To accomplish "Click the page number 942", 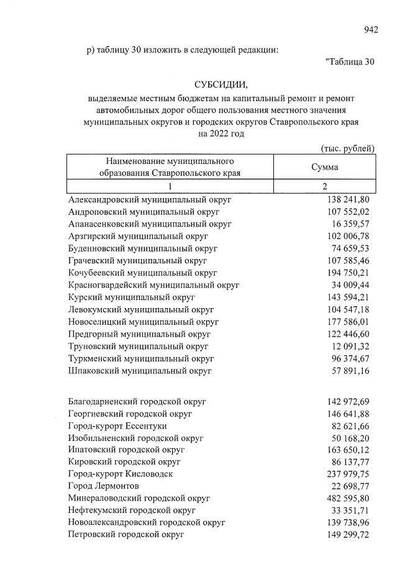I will click(x=371, y=29).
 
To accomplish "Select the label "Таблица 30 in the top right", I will click(x=350, y=61).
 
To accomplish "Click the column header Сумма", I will click(x=324, y=168).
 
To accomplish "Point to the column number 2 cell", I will click(x=324, y=187).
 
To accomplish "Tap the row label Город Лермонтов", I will click(x=104, y=486).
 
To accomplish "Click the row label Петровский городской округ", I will click(x=127, y=534).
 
